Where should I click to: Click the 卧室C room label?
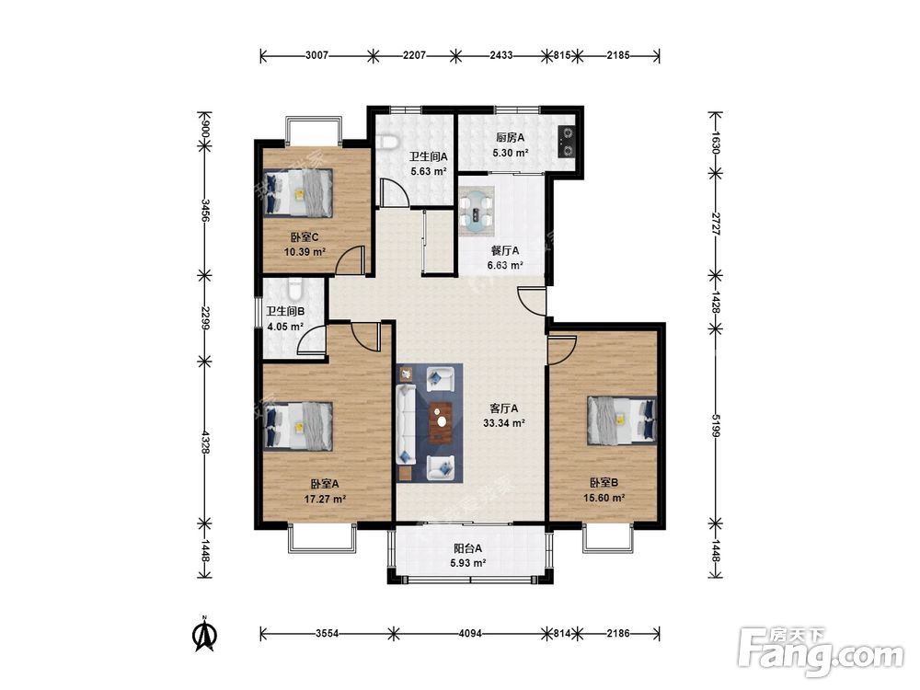pyautogui.click(x=305, y=237)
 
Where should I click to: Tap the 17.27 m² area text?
pyautogui.click(x=325, y=500)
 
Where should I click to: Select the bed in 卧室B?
pyautogui.click(x=621, y=420)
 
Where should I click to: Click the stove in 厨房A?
pyautogui.click(x=567, y=143)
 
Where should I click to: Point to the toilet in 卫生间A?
pyautogui.click(x=387, y=141)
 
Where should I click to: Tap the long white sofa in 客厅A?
pyautogui.click(x=406, y=422)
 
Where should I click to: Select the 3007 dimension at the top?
pyautogui.click(x=316, y=56)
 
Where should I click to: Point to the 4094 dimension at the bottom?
pyautogui.click(x=470, y=633)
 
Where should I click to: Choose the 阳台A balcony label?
pyautogui.click(x=467, y=548)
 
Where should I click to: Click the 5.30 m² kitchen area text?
pyautogui.click(x=511, y=153)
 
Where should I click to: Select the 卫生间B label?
pyautogui.click(x=285, y=312)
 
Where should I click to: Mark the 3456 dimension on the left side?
pyautogui.click(x=205, y=210)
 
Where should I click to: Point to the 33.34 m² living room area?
pyautogui.click(x=503, y=422)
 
